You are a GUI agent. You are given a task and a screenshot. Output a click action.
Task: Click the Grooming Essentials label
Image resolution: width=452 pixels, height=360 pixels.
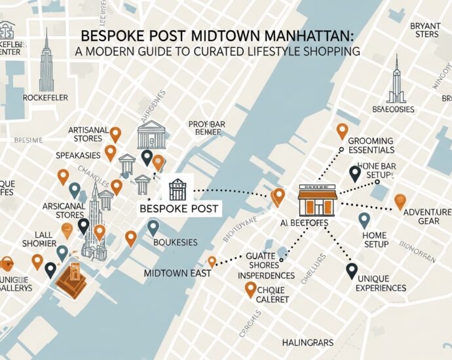point(371,145)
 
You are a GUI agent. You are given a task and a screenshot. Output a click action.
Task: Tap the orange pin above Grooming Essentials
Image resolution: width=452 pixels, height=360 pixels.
point(341,131)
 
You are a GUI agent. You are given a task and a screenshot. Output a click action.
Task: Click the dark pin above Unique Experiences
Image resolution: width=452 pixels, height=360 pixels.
point(352,270)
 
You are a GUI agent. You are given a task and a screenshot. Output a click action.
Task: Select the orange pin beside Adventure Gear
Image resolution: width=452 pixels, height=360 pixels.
point(400,202)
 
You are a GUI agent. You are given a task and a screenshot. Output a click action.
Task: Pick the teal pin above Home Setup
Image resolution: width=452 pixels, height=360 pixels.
point(364,220)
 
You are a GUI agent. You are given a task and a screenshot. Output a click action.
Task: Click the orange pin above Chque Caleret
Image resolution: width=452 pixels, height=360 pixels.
point(250,289)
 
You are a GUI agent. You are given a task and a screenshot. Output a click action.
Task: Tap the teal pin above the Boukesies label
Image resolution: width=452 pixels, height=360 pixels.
point(153,227)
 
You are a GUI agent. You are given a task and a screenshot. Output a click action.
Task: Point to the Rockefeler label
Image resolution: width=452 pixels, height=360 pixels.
point(45,98)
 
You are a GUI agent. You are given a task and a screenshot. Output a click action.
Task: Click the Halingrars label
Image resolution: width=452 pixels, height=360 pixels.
point(307,342)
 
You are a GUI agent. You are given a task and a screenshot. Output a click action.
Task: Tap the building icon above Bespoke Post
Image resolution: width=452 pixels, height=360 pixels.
point(178,189)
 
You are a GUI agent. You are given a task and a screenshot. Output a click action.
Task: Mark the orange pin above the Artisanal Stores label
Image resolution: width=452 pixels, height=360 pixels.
point(115,134)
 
